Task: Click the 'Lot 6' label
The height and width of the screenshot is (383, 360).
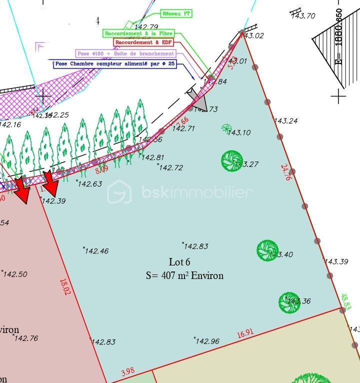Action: (x=179, y=262)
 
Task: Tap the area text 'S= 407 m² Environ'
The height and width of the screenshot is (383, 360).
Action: (x=184, y=275)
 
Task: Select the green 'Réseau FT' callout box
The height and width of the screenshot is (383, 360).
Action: (x=176, y=13)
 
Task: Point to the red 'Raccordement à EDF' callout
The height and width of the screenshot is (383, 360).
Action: (x=143, y=43)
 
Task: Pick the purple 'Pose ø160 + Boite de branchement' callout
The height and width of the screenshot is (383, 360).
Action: (x=125, y=53)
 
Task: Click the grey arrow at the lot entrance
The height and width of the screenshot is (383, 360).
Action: (x=197, y=99)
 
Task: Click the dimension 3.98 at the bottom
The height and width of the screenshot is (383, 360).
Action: (x=128, y=371)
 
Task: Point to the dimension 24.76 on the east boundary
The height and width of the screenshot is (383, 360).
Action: (x=286, y=172)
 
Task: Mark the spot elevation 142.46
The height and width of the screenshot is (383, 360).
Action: (x=96, y=251)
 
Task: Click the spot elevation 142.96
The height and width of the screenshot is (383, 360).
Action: (x=207, y=341)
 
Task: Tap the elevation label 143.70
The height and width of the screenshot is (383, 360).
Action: (x=303, y=15)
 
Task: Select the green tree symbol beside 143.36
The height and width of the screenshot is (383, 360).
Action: (x=289, y=302)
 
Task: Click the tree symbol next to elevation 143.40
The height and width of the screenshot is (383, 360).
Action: (x=267, y=250)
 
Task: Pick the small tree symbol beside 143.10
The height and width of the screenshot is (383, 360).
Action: (x=226, y=128)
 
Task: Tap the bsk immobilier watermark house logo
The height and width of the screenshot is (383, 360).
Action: (x=119, y=191)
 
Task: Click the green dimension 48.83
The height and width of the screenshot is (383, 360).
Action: (x=346, y=301)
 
